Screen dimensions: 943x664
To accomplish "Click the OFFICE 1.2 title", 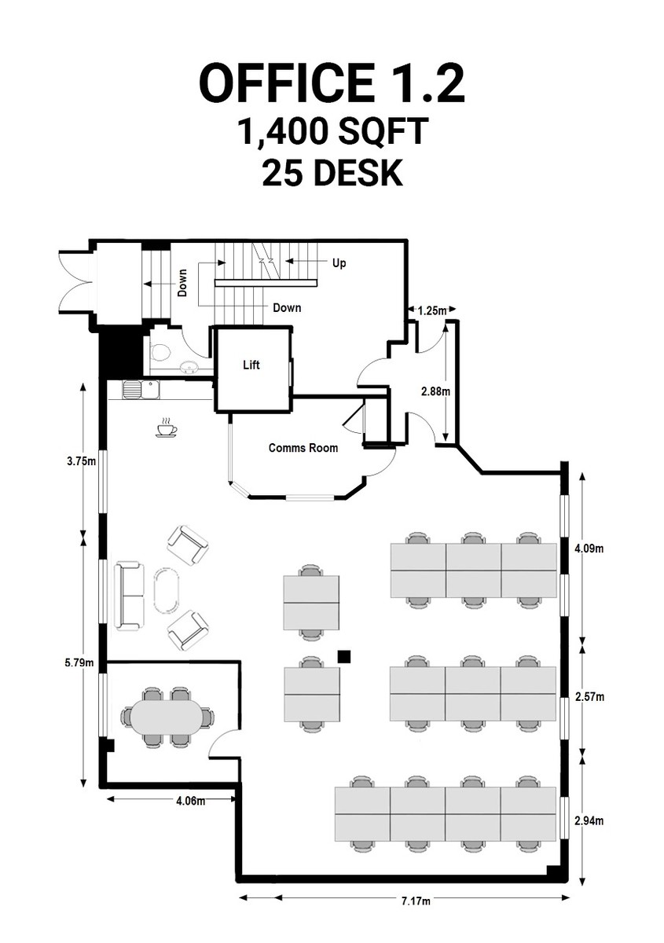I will (x=332, y=83).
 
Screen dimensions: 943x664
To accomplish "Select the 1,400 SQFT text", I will (x=332, y=132).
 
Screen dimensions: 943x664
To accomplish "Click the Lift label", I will (x=251, y=365).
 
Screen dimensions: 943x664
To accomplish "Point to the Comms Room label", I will (x=303, y=448).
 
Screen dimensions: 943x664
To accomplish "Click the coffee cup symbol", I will (x=166, y=427).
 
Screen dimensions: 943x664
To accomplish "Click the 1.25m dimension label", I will (x=431, y=311).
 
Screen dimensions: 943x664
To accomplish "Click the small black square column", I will (x=343, y=655).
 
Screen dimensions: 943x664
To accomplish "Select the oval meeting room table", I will (x=167, y=717).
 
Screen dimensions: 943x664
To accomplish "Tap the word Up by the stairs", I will (x=339, y=263).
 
